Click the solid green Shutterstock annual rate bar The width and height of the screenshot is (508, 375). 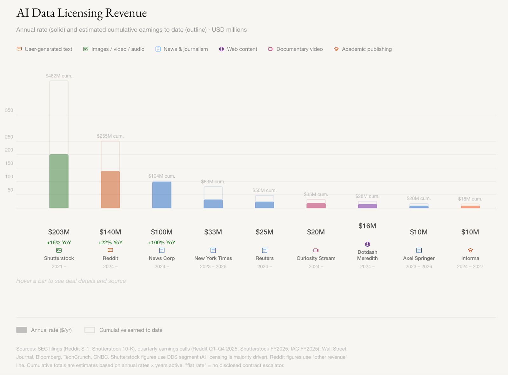pyautogui.click(x=59, y=181)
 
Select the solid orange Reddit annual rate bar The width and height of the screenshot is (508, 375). pyautogui.click(x=110, y=190)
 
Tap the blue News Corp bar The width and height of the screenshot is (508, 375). pyautogui.click(x=162, y=195)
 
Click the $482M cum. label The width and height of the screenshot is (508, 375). pyautogui.click(x=59, y=76)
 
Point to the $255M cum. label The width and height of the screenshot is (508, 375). pyautogui.click(x=110, y=136)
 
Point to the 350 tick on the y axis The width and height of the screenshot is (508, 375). pyautogui.click(x=9, y=110)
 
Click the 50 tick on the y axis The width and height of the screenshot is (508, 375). pyautogui.click(x=10, y=190)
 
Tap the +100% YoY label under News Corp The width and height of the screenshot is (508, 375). pyautogui.click(x=162, y=242)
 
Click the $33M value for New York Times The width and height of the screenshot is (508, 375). pyautogui.click(x=213, y=232)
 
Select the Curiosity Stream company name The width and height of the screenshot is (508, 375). pyautogui.click(x=316, y=258)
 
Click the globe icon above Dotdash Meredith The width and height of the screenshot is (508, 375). pyautogui.click(x=367, y=244)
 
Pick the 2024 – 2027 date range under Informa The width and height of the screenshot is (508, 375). pyautogui.click(x=470, y=266)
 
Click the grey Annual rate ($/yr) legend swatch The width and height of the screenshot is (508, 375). pyautogui.click(x=22, y=330)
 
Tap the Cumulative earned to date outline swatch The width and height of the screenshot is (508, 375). pyautogui.click(x=90, y=330)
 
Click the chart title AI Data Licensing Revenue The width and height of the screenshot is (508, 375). pyautogui.click(x=82, y=13)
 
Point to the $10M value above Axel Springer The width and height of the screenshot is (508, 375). pyautogui.click(x=418, y=232)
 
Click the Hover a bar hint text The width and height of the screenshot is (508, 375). pyautogui.click(x=71, y=281)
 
